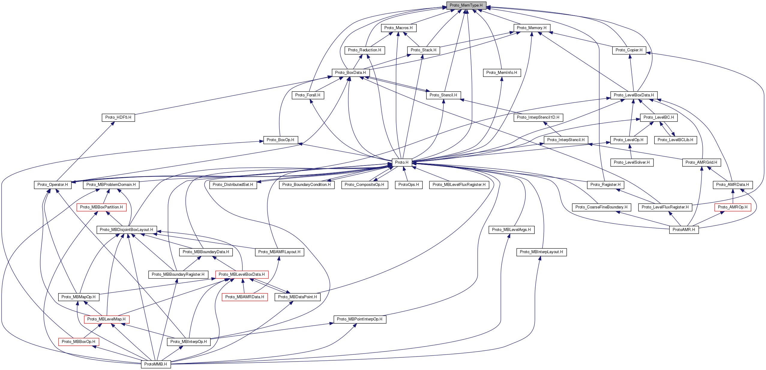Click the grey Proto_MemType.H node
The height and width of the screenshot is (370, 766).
pyautogui.click(x=466, y=5)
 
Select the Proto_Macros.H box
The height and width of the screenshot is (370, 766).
pyautogui.click(x=398, y=28)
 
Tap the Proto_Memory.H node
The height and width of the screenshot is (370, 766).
pyautogui.click(x=531, y=28)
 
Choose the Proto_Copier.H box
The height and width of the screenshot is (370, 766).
pyautogui.click(x=629, y=50)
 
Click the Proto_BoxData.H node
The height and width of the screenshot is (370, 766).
pyautogui.click(x=350, y=73)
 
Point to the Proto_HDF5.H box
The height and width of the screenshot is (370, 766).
pyautogui.click(x=118, y=117)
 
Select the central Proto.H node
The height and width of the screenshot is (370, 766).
pyautogui.click(x=402, y=162)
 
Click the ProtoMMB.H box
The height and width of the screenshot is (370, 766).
pyautogui.click(x=155, y=364)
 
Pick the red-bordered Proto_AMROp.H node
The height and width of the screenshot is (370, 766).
pyautogui.click(x=732, y=207)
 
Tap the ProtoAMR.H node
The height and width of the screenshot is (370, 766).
pyautogui.click(x=684, y=230)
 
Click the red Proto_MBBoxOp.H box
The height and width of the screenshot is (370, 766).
pyautogui.click(x=78, y=342)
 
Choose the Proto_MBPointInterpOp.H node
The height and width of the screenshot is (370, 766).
pyautogui.click(x=359, y=319)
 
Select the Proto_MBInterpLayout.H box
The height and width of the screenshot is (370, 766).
pyautogui.click(x=541, y=252)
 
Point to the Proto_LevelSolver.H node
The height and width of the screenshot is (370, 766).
pyautogui.click(x=632, y=162)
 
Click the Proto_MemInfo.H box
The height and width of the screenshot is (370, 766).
pyautogui.click(x=501, y=73)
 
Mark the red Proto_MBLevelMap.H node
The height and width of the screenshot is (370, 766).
pyautogui.click(x=106, y=319)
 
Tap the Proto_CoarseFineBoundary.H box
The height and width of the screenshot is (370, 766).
pyautogui.click(x=601, y=207)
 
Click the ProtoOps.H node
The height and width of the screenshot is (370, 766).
pyautogui.click(x=409, y=185)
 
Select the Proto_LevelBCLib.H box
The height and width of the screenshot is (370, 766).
pyautogui.click(x=675, y=140)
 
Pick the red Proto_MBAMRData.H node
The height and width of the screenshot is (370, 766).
pyautogui.click(x=245, y=297)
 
